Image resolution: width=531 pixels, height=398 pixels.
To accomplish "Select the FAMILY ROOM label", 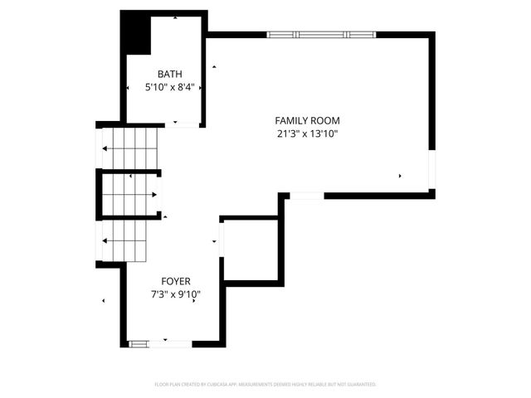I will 308,120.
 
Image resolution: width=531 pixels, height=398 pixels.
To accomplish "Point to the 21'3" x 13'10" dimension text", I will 308,133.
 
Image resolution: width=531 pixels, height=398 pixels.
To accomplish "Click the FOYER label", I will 173,281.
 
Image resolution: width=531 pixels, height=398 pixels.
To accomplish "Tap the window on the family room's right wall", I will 431,170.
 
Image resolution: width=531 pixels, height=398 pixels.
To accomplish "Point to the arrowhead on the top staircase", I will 105,149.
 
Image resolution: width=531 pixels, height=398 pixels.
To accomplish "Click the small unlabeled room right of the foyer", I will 251,249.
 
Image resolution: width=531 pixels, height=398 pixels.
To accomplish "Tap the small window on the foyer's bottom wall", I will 139,342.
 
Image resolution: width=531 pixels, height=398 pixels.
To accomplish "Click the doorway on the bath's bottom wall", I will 187,124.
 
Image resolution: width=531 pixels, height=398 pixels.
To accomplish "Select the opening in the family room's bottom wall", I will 306,196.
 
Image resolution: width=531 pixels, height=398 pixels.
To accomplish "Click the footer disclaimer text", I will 265,385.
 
